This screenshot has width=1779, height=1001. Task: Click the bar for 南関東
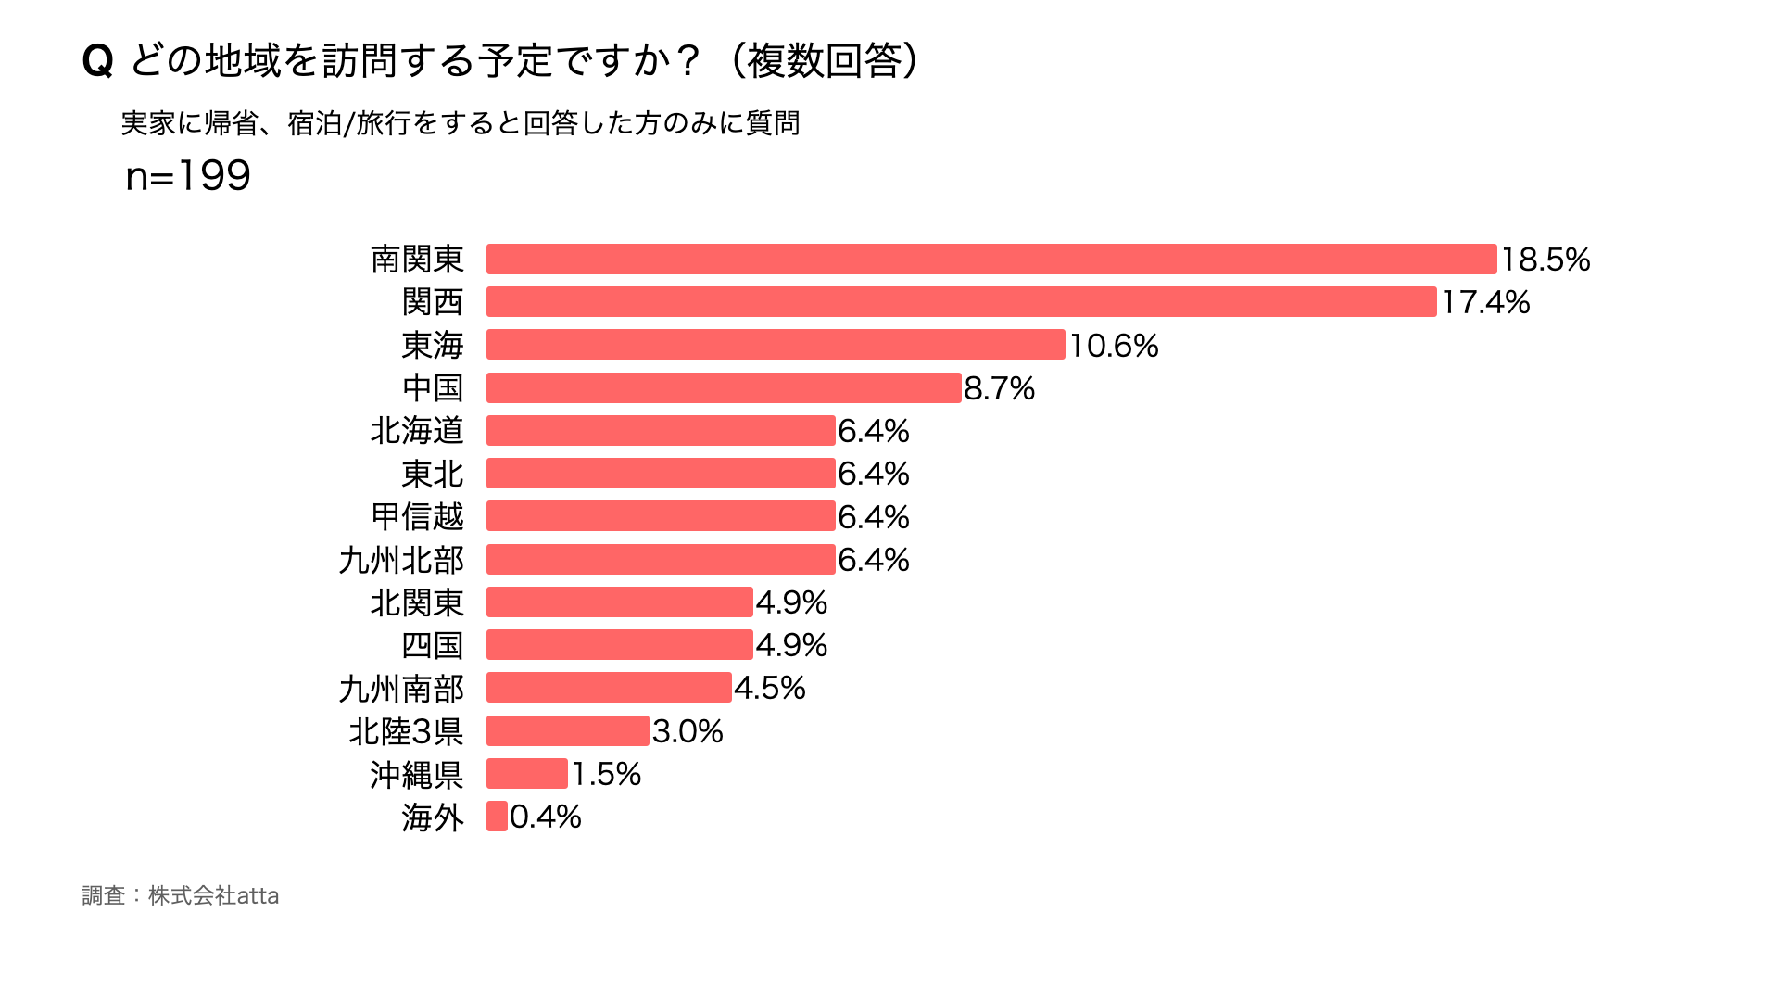[991, 260]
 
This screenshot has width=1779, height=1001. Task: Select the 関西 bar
[962, 302]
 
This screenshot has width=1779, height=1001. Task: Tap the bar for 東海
[776, 345]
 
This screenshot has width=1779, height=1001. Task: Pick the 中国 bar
[724, 388]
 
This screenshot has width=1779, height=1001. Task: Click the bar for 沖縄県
[526, 774]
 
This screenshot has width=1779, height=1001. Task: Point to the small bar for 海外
[497, 817]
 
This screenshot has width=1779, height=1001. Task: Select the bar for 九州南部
[609, 688]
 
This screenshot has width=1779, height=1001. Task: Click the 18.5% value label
[1546, 260]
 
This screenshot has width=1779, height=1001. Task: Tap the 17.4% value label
[1485, 302]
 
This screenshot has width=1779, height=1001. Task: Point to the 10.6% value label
[1114, 346]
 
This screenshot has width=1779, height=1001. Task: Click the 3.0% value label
[688, 731]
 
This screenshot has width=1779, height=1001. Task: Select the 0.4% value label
[546, 817]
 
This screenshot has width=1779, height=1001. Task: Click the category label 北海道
[417, 431]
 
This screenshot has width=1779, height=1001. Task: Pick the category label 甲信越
[417, 517]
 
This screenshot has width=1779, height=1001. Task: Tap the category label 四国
[433, 645]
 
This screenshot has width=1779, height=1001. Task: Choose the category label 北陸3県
[406, 731]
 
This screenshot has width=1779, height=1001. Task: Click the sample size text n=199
[188, 176]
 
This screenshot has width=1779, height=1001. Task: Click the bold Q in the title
[97, 62]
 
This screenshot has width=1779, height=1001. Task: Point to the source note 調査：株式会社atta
[181, 895]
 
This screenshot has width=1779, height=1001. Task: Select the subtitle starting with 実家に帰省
[461, 123]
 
